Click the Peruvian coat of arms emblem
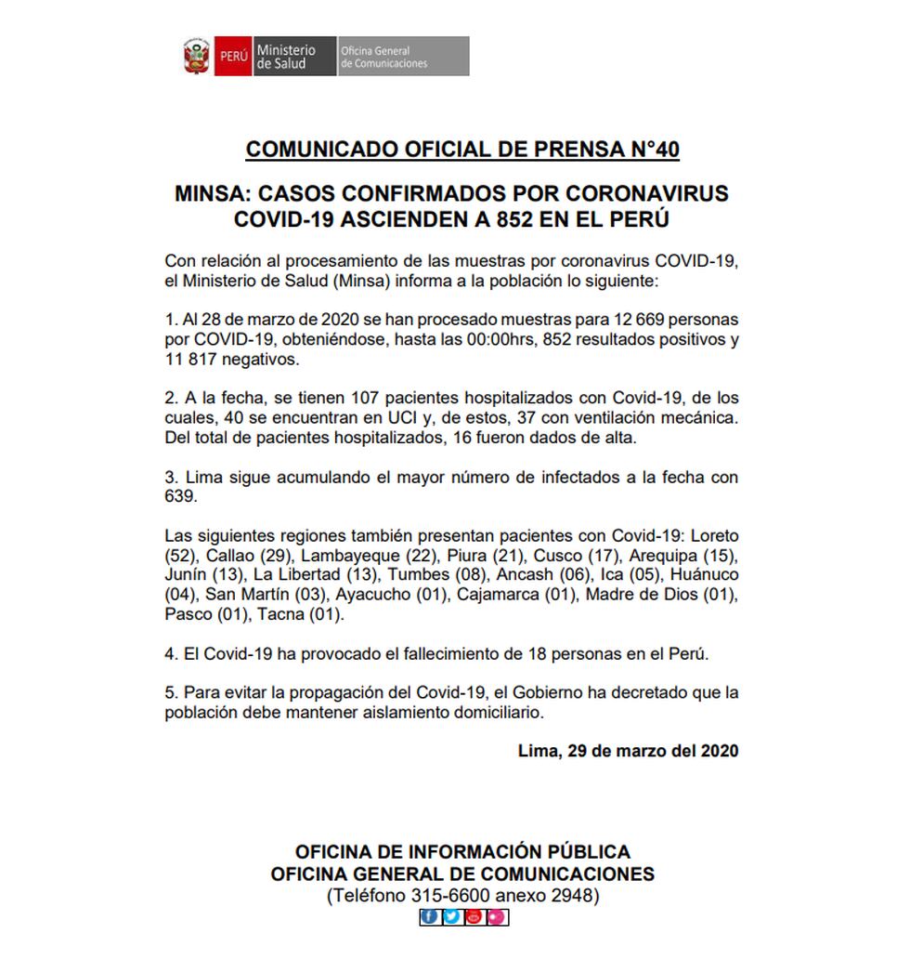[196, 56]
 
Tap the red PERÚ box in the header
[232, 56]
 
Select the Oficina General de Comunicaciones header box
[402, 56]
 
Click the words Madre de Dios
[643, 595]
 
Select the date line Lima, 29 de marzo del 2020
[628, 751]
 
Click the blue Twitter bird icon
[451, 917]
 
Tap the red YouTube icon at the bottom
[474, 917]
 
